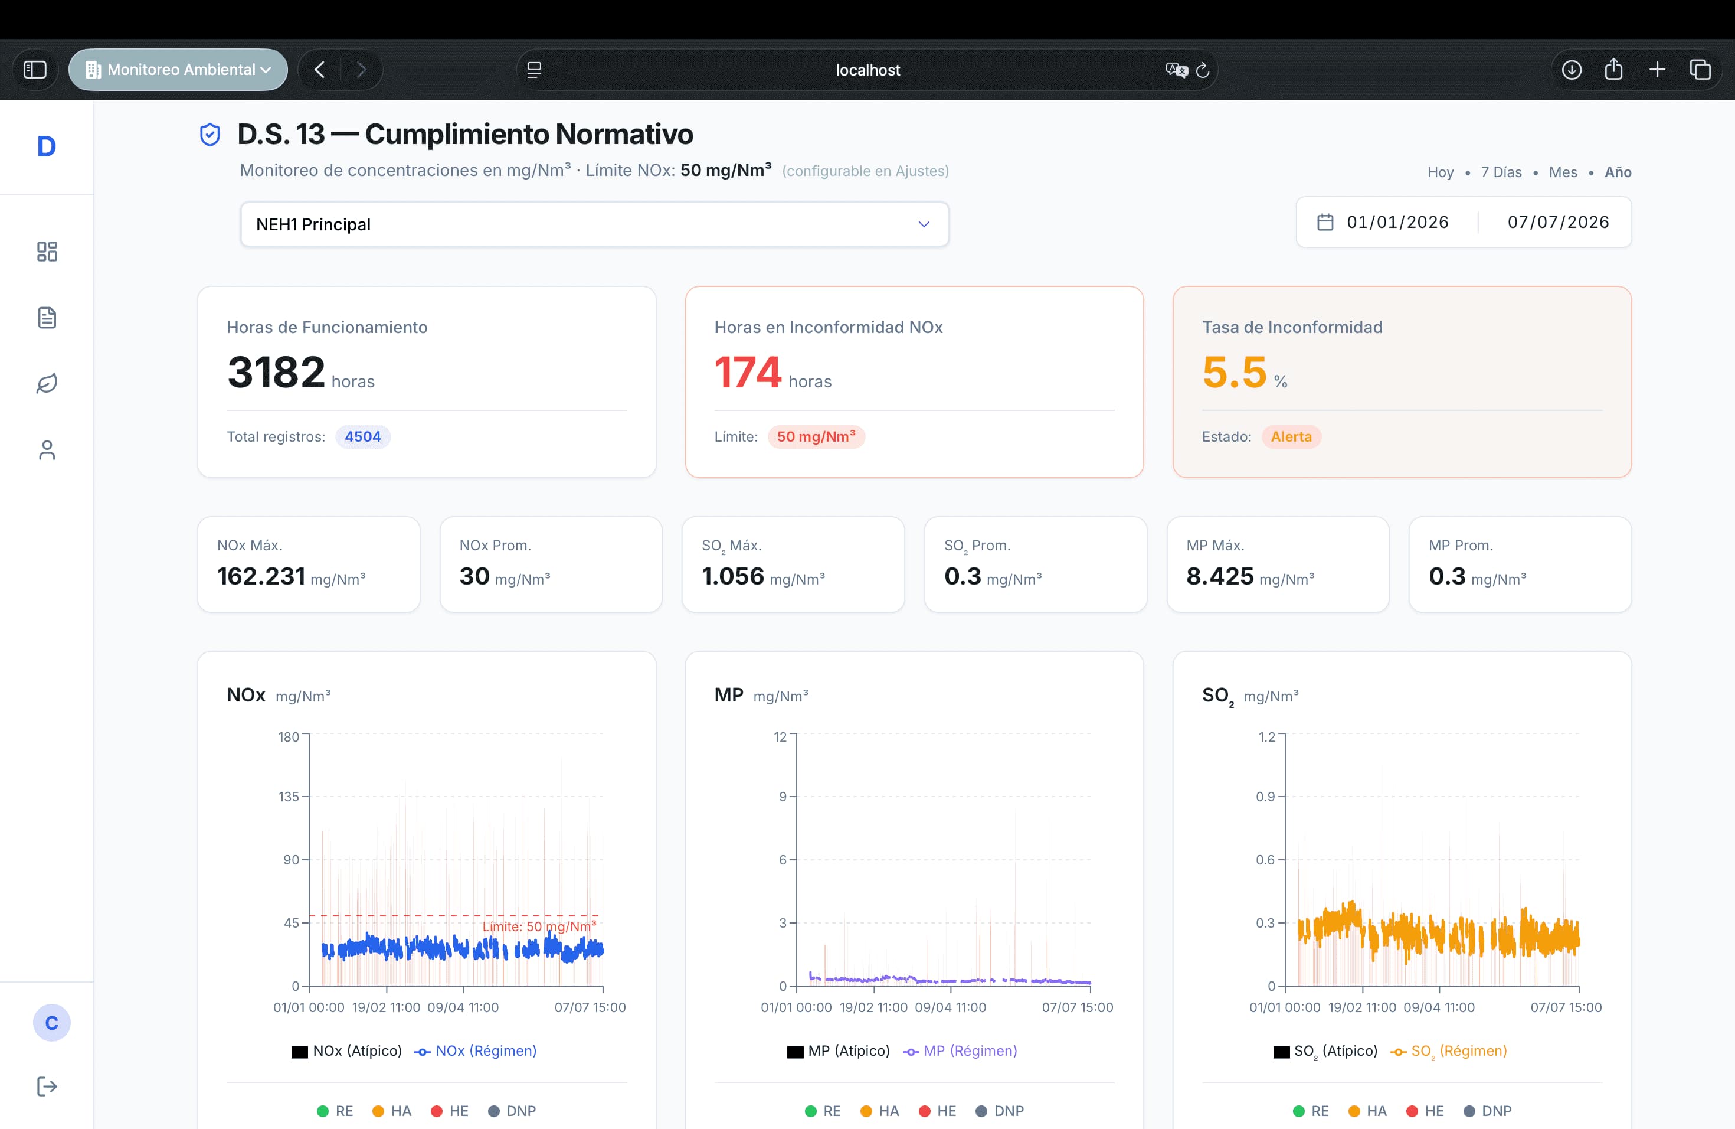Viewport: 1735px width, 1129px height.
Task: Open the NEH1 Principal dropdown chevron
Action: [x=924, y=224]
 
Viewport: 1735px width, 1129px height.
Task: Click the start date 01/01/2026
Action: [x=1397, y=221]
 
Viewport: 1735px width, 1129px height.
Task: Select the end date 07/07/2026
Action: [x=1558, y=221]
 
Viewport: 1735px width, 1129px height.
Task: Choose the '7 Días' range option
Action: [x=1501, y=172]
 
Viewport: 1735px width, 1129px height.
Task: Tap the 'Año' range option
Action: [x=1618, y=172]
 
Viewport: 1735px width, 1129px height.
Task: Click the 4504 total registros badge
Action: [x=362, y=436]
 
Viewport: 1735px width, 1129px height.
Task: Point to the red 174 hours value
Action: [x=747, y=372]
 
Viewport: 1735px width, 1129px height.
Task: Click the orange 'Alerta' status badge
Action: [x=1291, y=436]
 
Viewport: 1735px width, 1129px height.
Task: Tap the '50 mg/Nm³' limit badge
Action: [x=816, y=436]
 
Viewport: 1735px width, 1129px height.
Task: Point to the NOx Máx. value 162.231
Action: [x=261, y=576]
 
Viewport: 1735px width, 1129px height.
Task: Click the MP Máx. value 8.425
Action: [x=1220, y=576]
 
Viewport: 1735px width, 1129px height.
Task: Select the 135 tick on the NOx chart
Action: [x=289, y=797]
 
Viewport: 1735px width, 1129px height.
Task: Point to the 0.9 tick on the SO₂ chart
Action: [x=1265, y=797]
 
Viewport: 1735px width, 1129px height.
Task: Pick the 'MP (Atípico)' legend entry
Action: [x=839, y=1051]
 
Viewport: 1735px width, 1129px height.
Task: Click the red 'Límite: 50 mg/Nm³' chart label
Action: [x=539, y=926]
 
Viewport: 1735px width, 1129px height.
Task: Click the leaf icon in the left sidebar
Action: [x=47, y=384]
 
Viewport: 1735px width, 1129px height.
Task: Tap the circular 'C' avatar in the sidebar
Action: [x=52, y=1023]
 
